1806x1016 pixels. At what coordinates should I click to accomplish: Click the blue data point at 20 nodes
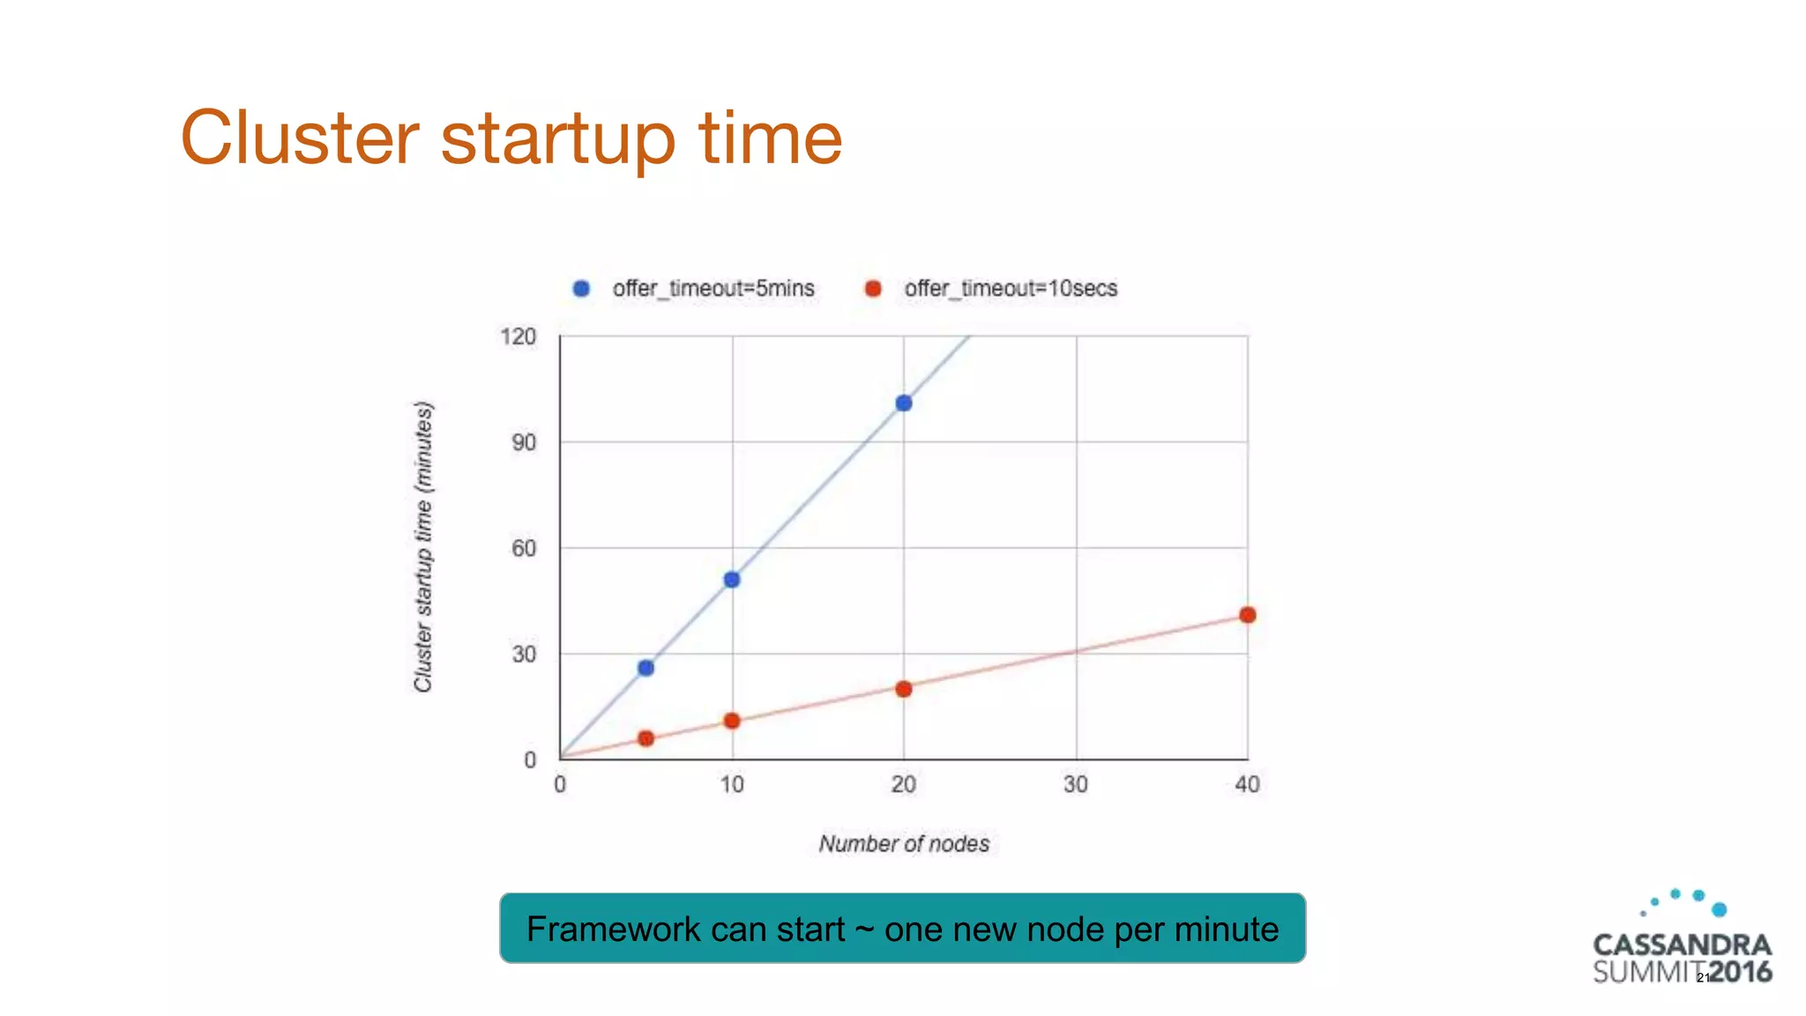(903, 403)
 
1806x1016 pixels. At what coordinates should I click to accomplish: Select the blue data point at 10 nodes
(732, 579)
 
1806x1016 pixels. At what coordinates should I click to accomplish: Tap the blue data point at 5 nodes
(646, 668)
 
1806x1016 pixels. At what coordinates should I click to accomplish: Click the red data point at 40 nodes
(1247, 615)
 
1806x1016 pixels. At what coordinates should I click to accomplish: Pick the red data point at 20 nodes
(903, 689)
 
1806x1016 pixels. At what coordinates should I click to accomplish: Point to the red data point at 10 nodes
(732, 721)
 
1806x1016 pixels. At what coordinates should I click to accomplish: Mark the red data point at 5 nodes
(646, 738)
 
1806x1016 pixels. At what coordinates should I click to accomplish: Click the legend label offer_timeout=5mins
(713, 288)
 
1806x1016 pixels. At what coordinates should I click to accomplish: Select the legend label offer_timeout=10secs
(1011, 288)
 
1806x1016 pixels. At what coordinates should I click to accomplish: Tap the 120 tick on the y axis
(518, 337)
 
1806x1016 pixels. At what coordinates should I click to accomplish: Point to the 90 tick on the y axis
(524, 443)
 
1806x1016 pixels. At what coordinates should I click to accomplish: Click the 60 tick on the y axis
(524, 549)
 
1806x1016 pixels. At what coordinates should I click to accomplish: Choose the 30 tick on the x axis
(1075, 784)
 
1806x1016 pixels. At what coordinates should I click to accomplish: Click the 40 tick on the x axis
(1247, 784)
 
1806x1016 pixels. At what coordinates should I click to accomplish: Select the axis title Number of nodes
(904, 844)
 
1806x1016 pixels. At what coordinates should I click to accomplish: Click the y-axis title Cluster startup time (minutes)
(423, 547)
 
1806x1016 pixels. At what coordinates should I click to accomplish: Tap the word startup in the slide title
(557, 138)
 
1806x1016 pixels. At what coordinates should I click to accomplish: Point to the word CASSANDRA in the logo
(1682, 945)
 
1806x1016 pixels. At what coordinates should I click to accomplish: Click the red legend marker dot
(873, 288)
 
